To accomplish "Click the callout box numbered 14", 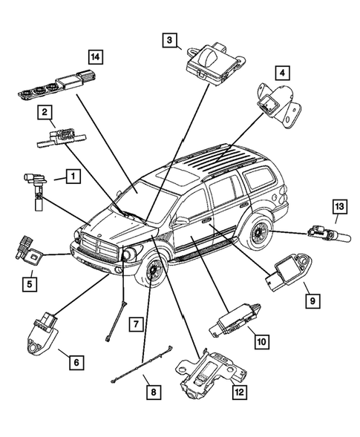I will click(x=94, y=56).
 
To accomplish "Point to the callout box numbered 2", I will click(x=45, y=113).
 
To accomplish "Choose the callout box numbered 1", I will click(x=71, y=177).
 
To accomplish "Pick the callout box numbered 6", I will click(x=75, y=363).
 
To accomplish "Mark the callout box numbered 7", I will click(x=134, y=324).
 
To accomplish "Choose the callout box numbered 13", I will click(x=338, y=206).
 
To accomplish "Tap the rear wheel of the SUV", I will click(x=259, y=231).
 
